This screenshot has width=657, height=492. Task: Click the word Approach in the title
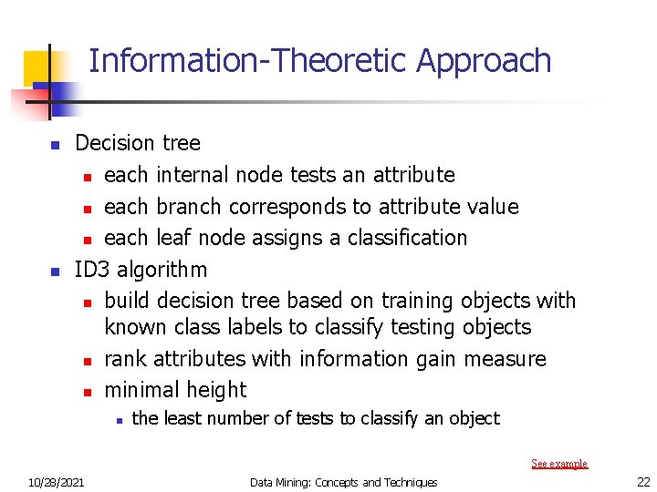point(484,61)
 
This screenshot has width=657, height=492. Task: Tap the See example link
point(559,464)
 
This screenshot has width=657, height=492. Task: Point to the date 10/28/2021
point(56,482)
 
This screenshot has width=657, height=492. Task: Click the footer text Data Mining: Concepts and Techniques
point(344,482)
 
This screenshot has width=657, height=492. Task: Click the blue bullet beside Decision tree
point(55,145)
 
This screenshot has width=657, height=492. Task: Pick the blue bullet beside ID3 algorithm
point(55,272)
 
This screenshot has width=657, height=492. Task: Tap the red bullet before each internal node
point(86,176)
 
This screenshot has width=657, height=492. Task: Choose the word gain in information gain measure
point(416,360)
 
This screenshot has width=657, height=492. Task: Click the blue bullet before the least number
point(119,420)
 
